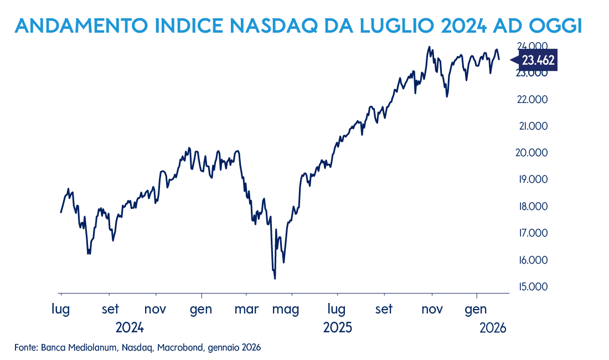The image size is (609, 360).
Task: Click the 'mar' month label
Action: [x=247, y=308]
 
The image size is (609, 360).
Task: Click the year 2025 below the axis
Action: [x=338, y=327]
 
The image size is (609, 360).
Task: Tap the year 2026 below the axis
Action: [x=493, y=327]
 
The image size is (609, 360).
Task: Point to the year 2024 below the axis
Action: [x=130, y=327]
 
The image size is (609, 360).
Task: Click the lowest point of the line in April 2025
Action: [x=275, y=279]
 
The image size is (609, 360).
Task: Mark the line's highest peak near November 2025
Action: [x=429, y=47]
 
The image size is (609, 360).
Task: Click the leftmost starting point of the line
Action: [x=61, y=212]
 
